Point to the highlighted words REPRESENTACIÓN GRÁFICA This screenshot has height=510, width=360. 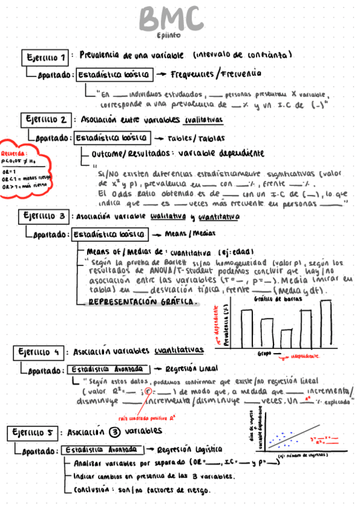(144, 302)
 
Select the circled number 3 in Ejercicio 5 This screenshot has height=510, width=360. (114, 431)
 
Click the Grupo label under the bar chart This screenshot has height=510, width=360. (265, 354)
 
